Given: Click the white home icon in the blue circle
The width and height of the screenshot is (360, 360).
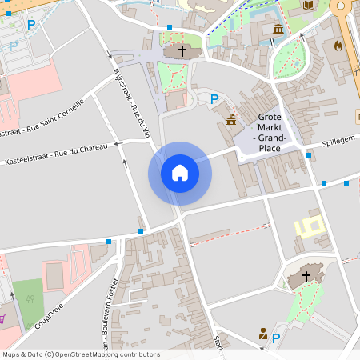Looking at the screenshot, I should (x=179, y=173).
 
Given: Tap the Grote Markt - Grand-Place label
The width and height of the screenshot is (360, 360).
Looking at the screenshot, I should (x=270, y=132).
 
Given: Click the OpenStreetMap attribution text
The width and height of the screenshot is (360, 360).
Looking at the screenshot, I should (x=81, y=354).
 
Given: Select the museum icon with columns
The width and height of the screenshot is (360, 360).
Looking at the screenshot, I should (x=278, y=30).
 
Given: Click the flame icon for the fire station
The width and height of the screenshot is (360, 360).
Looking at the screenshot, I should (x=338, y=46).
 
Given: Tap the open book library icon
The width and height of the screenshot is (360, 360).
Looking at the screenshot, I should (x=309, y=6).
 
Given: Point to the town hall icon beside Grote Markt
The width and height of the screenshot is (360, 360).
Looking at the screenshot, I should (x=231, y=119).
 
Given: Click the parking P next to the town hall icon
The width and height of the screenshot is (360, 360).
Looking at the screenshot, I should (x=214, y=99).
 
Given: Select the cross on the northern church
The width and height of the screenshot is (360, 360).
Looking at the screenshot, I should (x=182, y=51).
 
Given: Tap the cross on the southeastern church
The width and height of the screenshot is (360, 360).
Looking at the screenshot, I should (x=306, y=277).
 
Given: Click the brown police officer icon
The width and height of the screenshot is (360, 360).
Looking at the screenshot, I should (x=262, y=334).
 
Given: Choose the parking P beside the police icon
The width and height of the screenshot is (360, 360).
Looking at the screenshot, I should (x=276, y=338).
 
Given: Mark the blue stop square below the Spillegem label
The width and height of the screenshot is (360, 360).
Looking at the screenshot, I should (x=310, y=155).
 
